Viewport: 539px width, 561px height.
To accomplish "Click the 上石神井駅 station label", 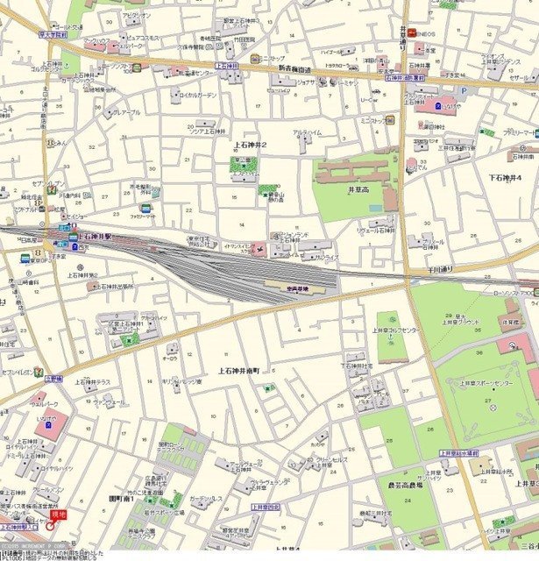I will point(96,237).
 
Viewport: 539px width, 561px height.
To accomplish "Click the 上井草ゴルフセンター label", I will point(393,330).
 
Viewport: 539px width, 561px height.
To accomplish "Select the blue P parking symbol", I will point(437,104).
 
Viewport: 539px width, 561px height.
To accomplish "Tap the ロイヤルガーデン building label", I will point(195,95).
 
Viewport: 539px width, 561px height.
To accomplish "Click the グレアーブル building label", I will point(124,112).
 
